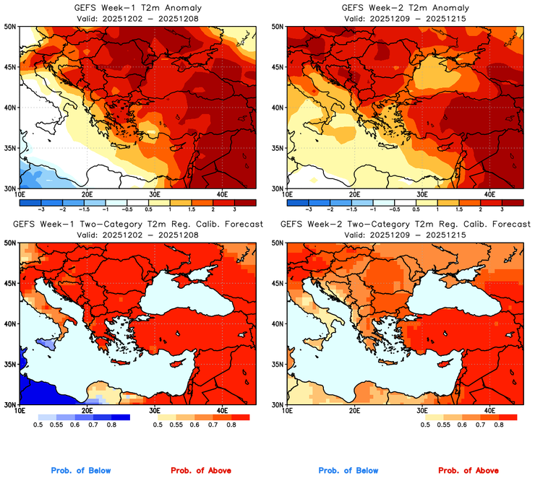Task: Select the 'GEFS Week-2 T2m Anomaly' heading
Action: pyautogui.click(x=405, y=8)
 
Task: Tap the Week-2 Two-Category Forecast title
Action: pyautogui.click(x=405, y=225)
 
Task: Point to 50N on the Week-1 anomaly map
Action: pyautogui.click(x=10, y=27)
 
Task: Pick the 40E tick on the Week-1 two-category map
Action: pyautogui.click(x=222, y=409)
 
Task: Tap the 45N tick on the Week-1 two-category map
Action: pyautogui.click(x=10, y=282)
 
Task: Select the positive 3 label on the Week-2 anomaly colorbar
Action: pyautogui.click(x=500, y=208)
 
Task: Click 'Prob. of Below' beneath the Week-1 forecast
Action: pyautogui.click(x=80, y=471)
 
